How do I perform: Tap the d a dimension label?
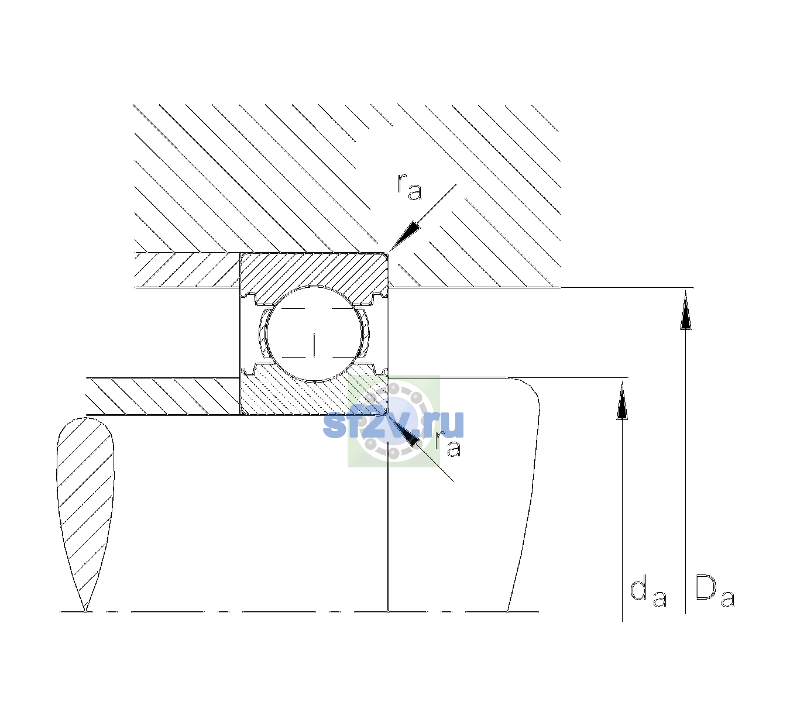[648, 593]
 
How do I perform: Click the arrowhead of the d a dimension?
[622, 401]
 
